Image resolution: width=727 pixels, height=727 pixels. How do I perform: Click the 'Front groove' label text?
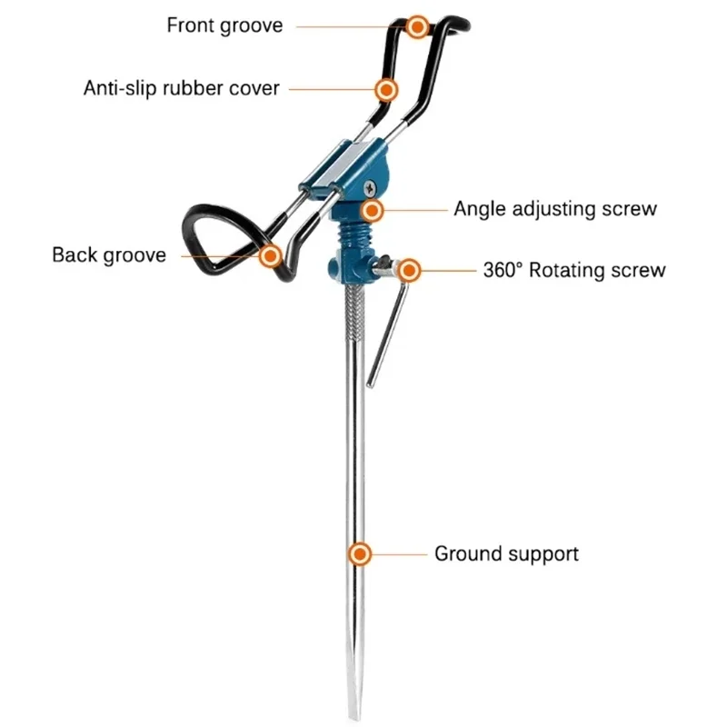coord(224,25)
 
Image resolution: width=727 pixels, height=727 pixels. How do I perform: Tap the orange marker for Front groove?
coord(417,26)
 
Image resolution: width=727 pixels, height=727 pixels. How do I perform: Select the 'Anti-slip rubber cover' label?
coord(182,89)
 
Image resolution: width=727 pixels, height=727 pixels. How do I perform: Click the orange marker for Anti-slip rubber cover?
coord(387,90)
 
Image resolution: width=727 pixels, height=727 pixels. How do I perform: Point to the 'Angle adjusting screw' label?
coord(554,209)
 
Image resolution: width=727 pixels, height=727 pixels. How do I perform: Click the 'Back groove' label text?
coord(109,254)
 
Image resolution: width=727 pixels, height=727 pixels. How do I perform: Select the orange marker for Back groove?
coord(270,256)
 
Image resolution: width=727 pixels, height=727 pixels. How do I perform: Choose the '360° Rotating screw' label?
coord(573,270)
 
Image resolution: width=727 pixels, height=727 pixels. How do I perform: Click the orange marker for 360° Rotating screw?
coord(409,270)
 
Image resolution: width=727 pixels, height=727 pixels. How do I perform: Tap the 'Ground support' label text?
coord(506,553)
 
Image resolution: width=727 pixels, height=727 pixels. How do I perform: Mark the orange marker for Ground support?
coord(361,553)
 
